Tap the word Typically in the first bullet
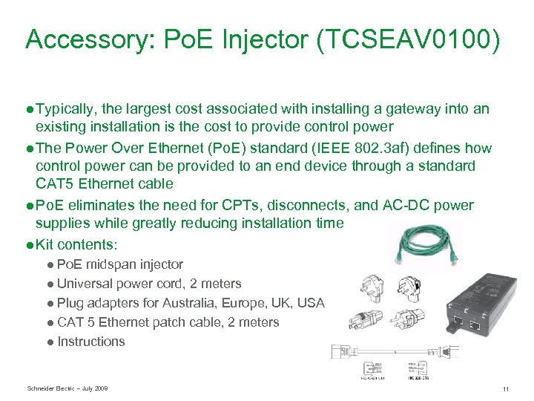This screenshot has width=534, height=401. [x=67, y=109]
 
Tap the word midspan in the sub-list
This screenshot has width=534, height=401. [x=112, y=264]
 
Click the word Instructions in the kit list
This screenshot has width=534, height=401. [x=90, y=341]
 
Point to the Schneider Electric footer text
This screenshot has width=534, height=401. [x=67, y=388]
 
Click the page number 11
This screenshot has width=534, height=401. [x=505, y=388]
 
